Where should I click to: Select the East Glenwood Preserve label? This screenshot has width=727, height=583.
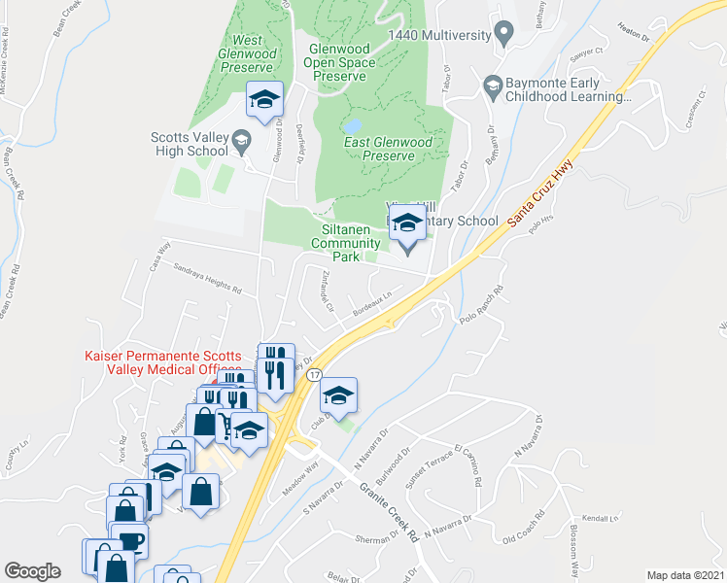point(389,149)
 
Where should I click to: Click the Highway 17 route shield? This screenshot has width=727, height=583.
point(312,374)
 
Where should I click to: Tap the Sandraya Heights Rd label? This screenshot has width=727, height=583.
point(206,279)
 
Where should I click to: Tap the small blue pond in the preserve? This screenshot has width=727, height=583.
point(352,126)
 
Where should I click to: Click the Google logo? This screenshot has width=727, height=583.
point(32,570)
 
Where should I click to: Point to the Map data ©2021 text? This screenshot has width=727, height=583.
point(685,574)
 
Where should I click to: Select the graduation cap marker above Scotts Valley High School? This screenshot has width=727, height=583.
point(264,99)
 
